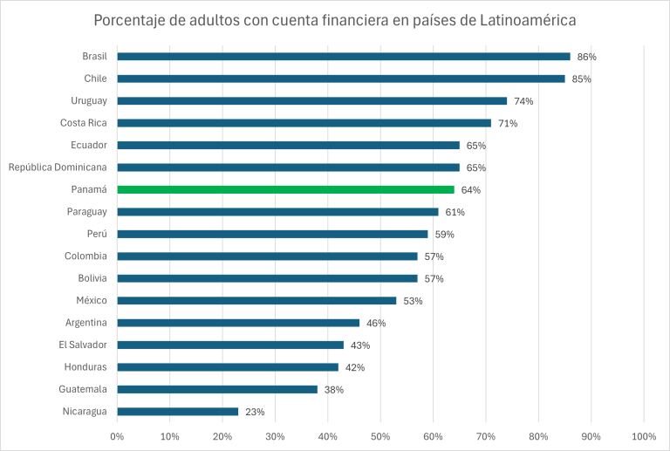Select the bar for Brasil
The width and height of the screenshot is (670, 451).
pyautogui.click(x=344, y=57)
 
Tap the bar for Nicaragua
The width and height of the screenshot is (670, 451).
pyautogui.click(x=178, y=411)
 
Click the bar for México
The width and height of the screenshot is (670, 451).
pyautogui.click(x=256, y=300)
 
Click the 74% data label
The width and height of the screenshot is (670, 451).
pyautogui.click(x=523, y=101)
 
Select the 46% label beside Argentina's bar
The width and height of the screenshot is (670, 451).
pyautogui.click(x=376, y=323)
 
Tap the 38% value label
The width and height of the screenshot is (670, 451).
pyautogui.click(x=334, y=390)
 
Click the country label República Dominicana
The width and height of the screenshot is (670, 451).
pyautogui.click(x=58, y=167)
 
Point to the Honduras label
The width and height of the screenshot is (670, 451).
pyautogui.click(x=85, y=366)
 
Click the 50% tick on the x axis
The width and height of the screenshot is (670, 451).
pyautogui.click(x=380, y=435)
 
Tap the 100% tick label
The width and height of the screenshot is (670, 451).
pyautogui.click(x=643, y=435)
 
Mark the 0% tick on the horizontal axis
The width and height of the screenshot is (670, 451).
pyautogui.click(x=117, y=435)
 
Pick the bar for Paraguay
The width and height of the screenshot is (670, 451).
pyautogui.click(x=277, y=212)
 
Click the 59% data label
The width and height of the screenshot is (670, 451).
pyautogui.click(x=444, y=235)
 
